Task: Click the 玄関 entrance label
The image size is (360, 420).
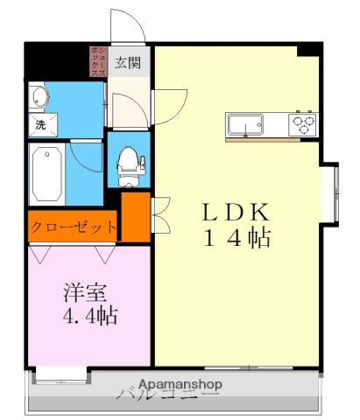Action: pyautogui.click(x=128, y=63)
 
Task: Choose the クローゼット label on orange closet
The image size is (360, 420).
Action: pyautogui.click(x=74, y=227)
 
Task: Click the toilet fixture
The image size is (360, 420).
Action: pyautogui.click(x=129, y=162)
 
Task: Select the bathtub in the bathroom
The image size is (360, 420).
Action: pyautogui.click(x=46, y=173)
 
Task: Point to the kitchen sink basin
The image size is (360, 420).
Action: pyautogui.click(x=248, y=124)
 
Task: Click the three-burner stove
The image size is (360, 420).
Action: pyautogui.click(x=304, y=124)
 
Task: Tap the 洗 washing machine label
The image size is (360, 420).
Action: pyautogui.click(x=40, y=124)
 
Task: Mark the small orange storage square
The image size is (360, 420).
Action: pyautogui.click(x=136, y=217)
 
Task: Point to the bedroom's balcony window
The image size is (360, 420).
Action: pyautogui.click(x=60, y=375)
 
